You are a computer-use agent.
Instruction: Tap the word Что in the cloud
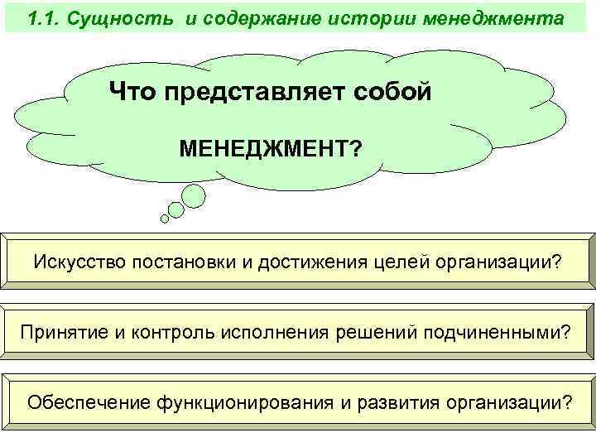[135, 91]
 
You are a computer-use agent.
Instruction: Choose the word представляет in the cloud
[259, 91]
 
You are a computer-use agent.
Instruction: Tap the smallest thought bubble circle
[165, 219]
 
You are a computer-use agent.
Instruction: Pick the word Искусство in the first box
[79, 262]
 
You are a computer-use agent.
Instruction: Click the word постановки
[186, 262]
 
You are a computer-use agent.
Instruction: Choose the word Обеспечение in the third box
[76, 402]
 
